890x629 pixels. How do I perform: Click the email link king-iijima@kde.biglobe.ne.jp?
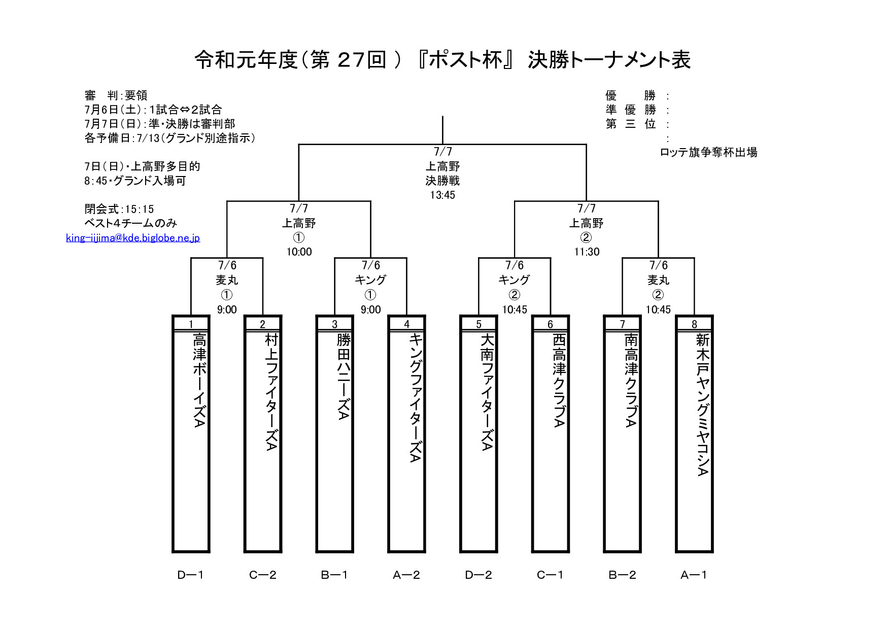click(133, 238)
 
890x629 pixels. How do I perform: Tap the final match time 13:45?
click(442, 195)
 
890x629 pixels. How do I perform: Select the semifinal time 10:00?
click(299, 252)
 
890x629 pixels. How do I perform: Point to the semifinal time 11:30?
click(587, 252)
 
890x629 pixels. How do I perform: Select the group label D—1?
click(191, 575)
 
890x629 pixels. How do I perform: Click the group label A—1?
click(694, 575)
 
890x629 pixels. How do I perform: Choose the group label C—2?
click(263, 575)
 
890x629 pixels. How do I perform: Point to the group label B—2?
click(623, 575)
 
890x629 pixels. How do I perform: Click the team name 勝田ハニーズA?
click(344, 376)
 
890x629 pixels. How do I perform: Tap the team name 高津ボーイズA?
click(200, 380)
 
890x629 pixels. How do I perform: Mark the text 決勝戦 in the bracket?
click(442, 181)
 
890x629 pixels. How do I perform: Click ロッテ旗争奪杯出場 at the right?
click(708, 152)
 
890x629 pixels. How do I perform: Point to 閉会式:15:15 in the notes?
click(119, 209)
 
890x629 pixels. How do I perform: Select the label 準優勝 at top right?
click(631, 110)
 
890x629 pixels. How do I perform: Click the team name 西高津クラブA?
click(559, 380)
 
